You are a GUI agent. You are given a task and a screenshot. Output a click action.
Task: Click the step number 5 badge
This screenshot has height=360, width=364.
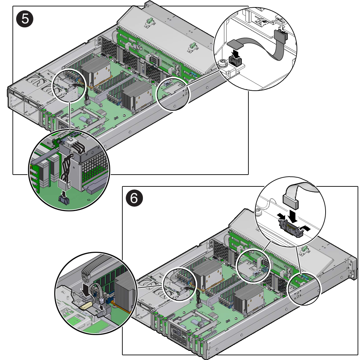pos(25,19)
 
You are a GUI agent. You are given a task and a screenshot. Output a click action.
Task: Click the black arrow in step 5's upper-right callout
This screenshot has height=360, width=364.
pos(236,53)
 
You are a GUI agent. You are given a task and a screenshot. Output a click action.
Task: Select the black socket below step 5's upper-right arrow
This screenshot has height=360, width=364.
pos(235,61)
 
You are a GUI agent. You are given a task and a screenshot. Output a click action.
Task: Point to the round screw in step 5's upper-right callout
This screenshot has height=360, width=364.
pos(222,63)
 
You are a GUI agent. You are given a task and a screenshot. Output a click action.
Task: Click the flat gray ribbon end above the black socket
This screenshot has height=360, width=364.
pos(235,43)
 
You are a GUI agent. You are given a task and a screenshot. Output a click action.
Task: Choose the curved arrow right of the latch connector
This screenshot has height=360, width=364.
pos(305,229)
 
